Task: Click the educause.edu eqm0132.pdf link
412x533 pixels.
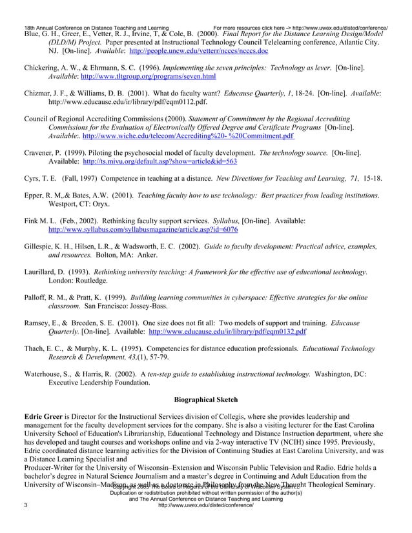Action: click(x=228, y=332)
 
